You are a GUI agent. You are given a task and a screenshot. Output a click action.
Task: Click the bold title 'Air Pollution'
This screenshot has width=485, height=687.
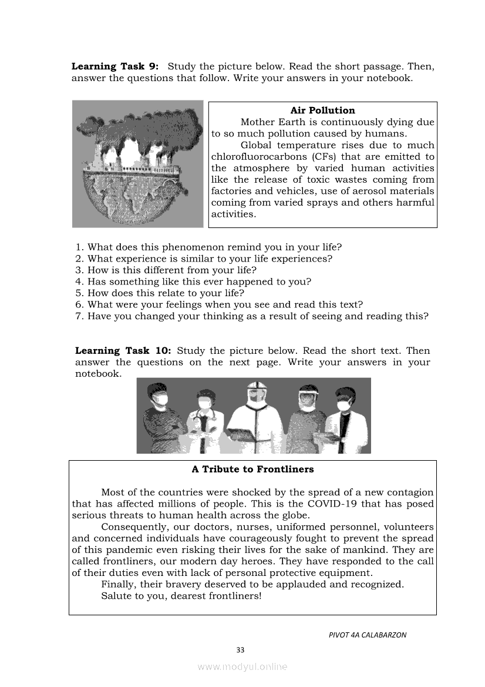pos(322,110)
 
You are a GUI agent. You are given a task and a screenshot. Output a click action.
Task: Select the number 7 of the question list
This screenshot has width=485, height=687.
pos(79,316)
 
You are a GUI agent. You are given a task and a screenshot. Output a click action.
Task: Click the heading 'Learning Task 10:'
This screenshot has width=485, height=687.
pos(123,351)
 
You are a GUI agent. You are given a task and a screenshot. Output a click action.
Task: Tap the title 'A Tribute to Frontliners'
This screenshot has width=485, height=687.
pos(252,470)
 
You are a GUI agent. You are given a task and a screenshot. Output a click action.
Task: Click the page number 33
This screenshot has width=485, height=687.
pos(240,650)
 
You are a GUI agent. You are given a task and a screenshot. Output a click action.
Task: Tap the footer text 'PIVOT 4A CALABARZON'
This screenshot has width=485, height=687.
pos(368,635)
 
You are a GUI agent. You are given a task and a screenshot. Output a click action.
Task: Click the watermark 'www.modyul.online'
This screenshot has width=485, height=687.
pos(242,667)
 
